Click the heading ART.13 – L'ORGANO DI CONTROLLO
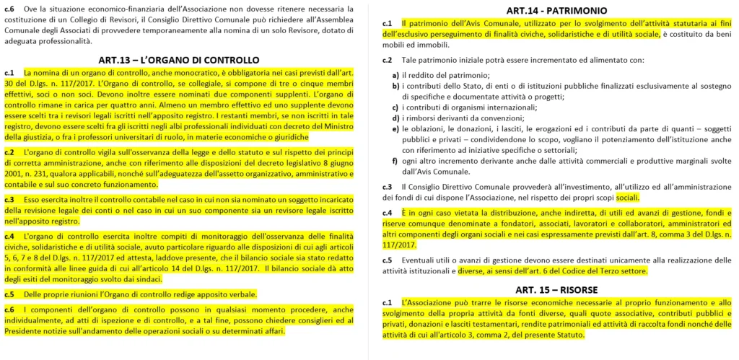click(178, 59)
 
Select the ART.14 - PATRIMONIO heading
click(556, 10)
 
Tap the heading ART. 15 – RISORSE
click(556, 290)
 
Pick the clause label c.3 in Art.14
click(387, 187)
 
